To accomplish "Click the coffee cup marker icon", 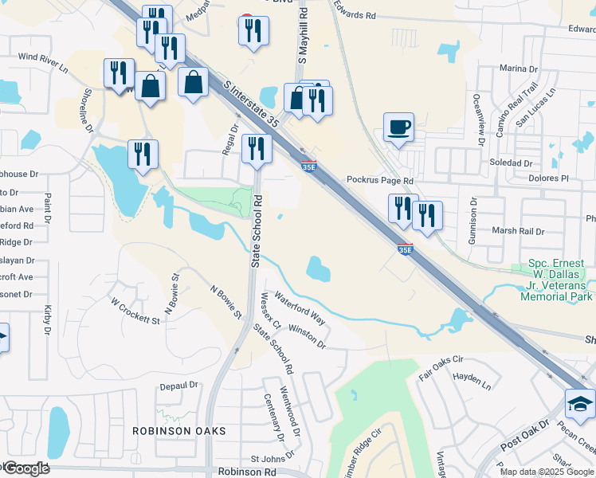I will (398, 127).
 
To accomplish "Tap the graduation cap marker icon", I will (580, 405).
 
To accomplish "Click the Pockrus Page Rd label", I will (380, 181).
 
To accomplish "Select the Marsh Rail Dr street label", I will (517, 232).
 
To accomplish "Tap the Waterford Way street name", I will (300, 308).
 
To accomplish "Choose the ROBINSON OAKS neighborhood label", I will (179, 430).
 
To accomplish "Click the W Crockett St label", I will (135, 311).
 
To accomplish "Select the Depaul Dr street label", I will (178, 385).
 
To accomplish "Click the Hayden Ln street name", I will (472, 380).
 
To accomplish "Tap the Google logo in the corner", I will (25, 468).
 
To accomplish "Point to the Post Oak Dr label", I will (523, 435).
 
